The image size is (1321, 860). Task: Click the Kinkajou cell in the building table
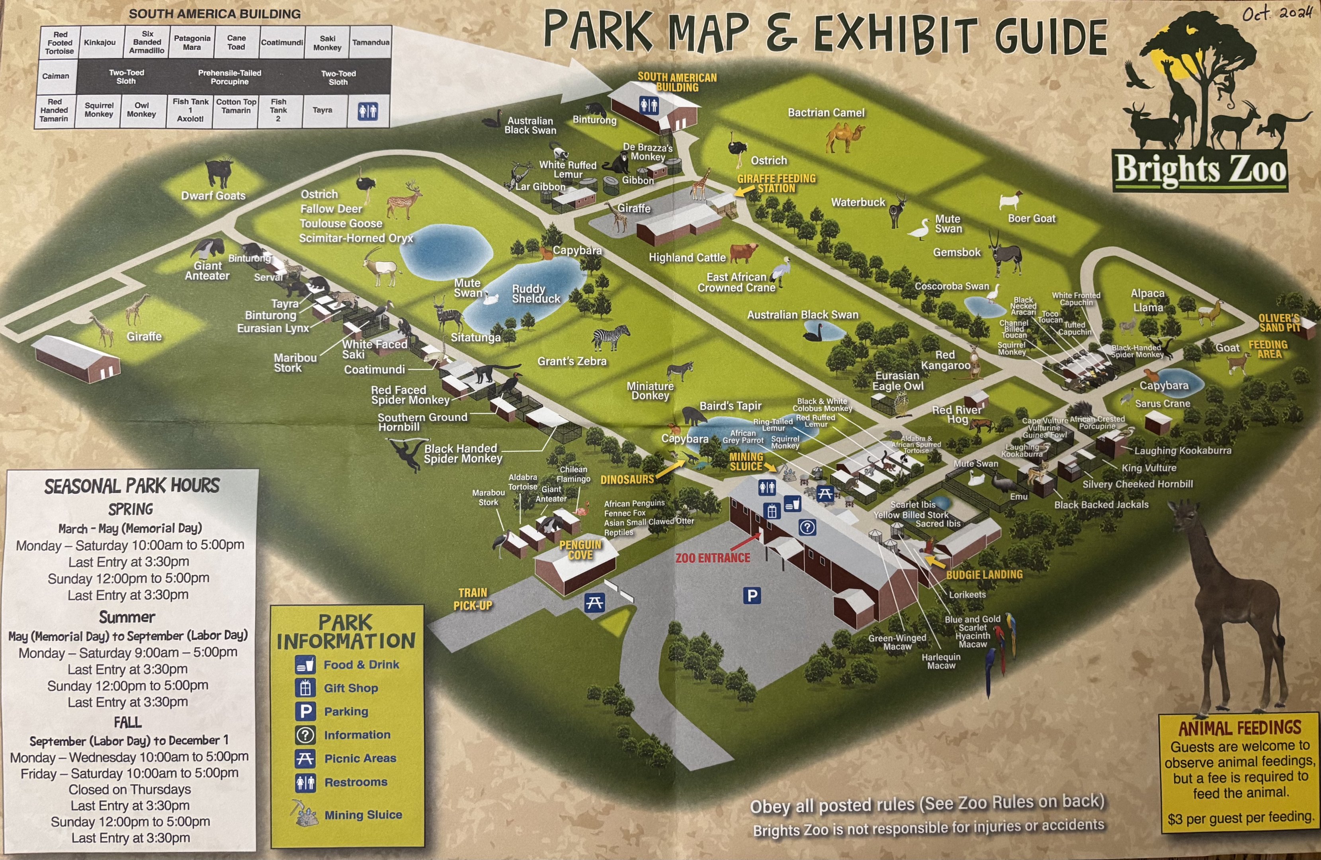100,42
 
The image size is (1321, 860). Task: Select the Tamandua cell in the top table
371,42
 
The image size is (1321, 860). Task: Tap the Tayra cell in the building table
322,110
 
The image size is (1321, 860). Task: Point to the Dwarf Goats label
213,195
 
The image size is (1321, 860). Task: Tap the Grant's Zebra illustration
611,337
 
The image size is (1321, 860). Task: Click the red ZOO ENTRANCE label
713,557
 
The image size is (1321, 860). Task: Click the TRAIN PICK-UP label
473,599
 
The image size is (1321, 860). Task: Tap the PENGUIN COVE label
580,550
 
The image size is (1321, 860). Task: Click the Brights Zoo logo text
1200,169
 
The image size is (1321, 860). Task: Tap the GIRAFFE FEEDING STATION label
776,183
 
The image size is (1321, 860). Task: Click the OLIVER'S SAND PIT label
1279,322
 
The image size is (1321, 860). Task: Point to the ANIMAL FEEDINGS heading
1239,728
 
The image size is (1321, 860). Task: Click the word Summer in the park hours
127,617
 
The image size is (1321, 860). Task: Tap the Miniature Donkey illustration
680,370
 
